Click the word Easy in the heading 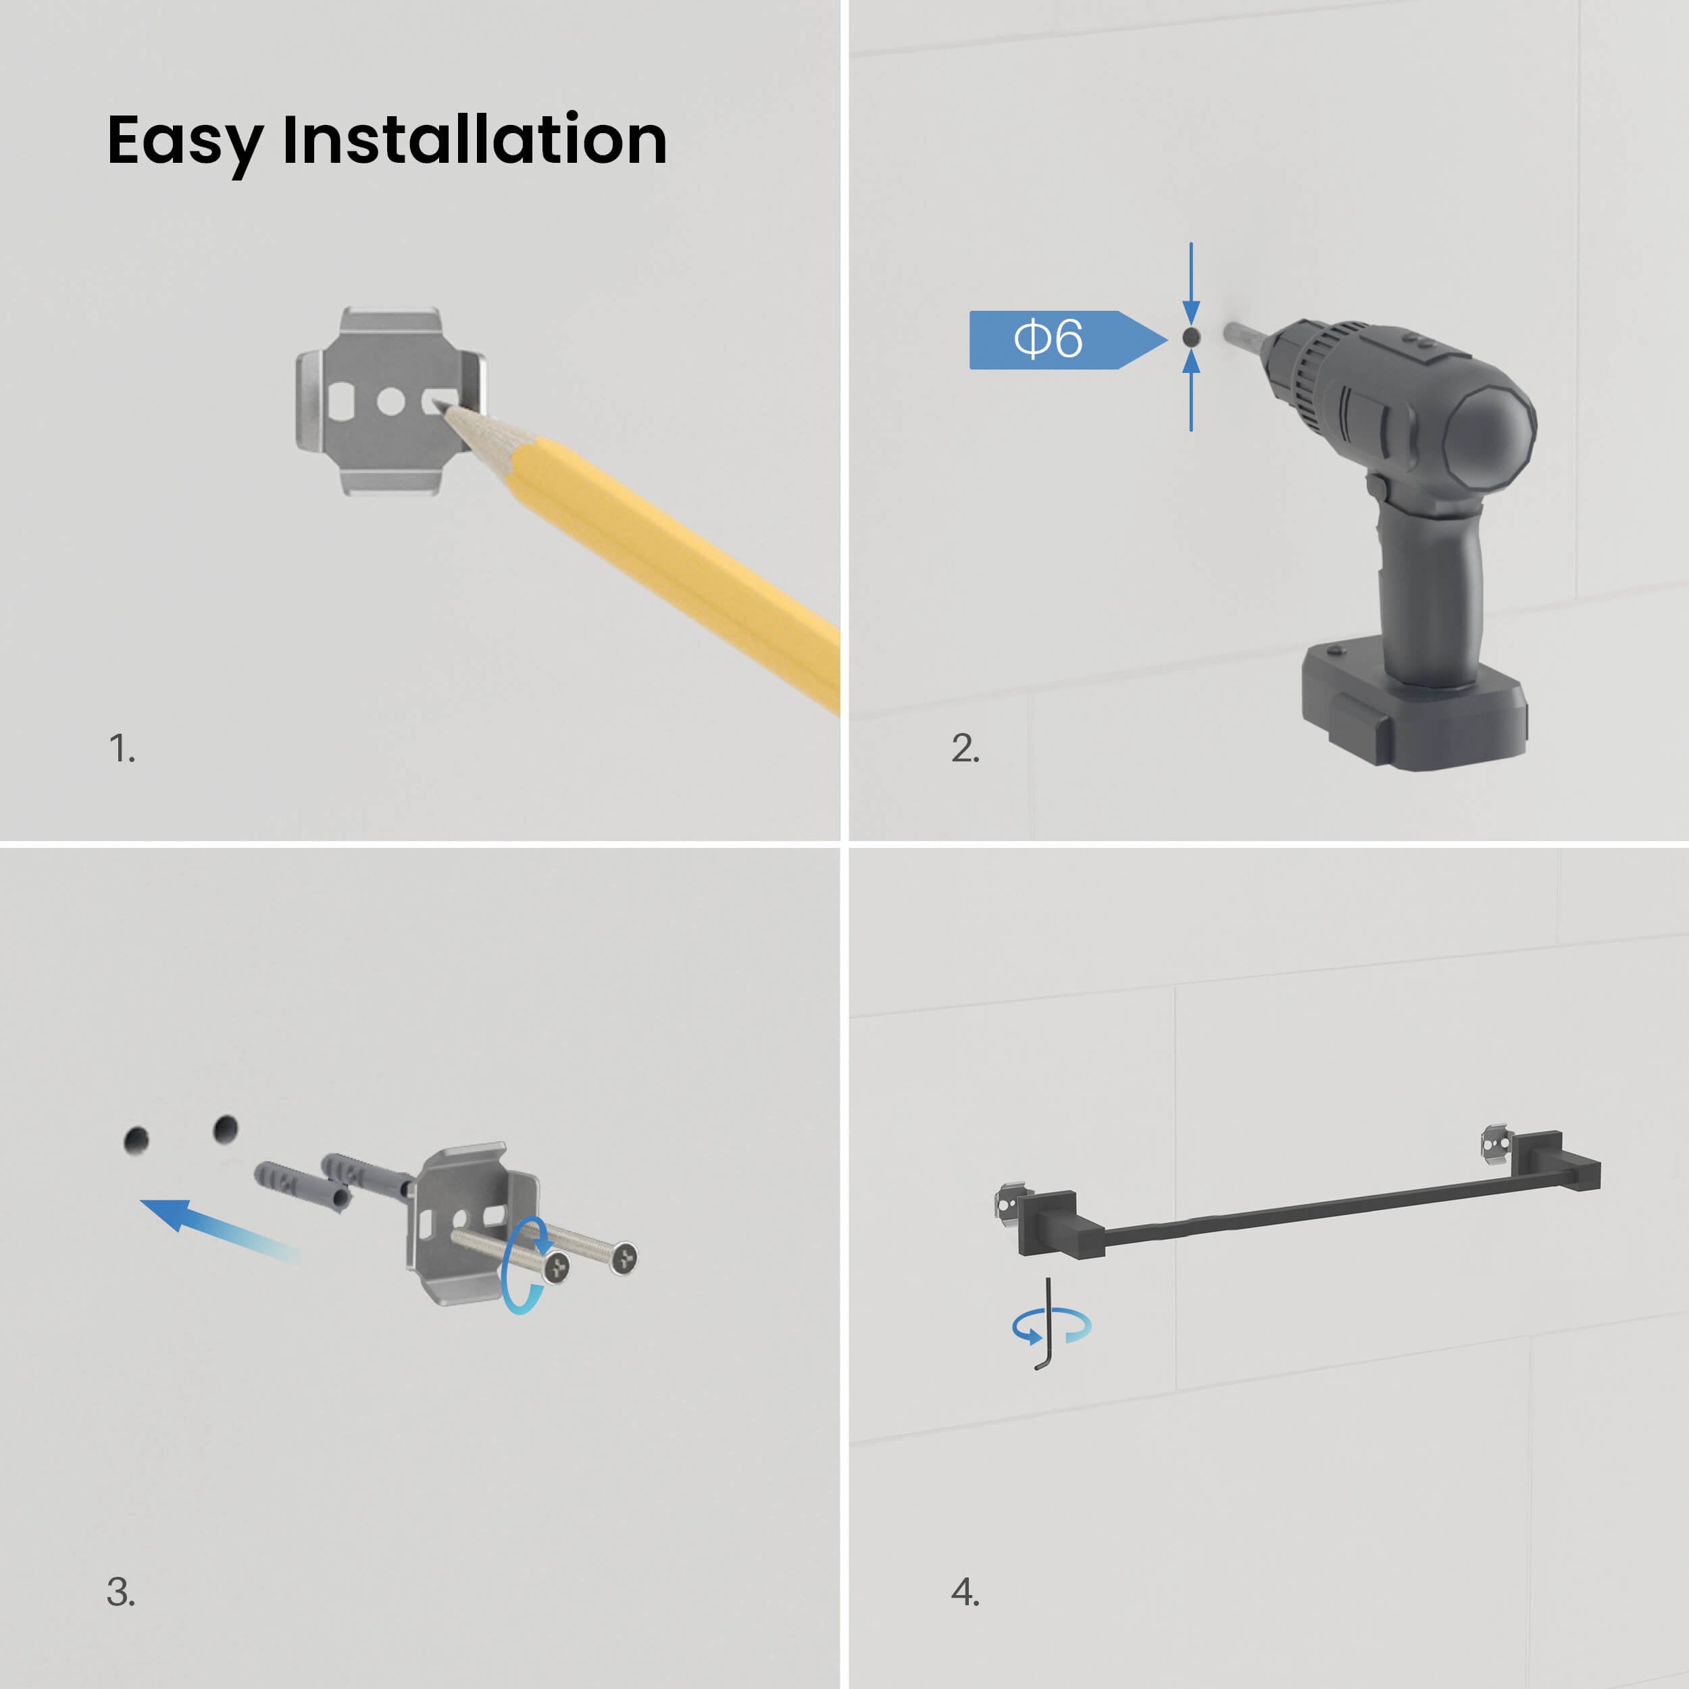pos(184,143)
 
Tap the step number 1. pos(122,749)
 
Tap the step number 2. pos(965,749)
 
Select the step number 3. pos(121,1591)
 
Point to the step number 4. pos(965,1591)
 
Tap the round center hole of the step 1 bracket pos(390,402)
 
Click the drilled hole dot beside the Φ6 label pos(1190,337)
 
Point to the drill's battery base pos(1413,702)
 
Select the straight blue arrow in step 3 pos(218,1228)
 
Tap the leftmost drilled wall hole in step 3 pos(136,1140)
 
